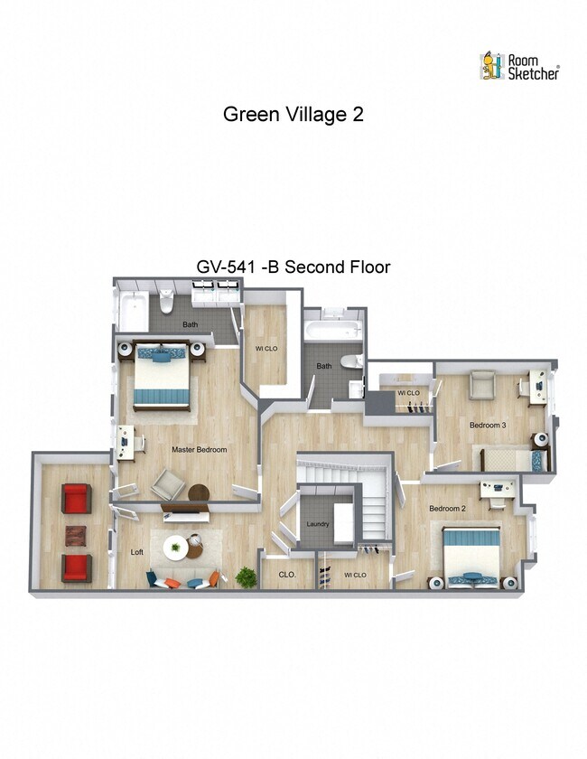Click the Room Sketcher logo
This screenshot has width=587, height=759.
519,65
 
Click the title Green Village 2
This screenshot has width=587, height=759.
293,115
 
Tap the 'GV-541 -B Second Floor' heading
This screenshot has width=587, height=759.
293,267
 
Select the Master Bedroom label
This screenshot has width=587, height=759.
199,449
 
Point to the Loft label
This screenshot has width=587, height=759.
137,551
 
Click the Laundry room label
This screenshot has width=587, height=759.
317,524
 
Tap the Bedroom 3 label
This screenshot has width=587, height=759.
487,425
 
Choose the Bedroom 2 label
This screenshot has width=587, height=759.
446,509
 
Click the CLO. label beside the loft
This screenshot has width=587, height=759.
287,574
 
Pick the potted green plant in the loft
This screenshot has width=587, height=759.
245,576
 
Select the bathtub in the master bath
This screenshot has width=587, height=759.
135,310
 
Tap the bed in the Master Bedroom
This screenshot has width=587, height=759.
163,378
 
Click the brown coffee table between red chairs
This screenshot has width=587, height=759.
76,534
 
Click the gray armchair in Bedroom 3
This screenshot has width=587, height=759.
483,384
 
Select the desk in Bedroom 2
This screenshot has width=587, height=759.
498,489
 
